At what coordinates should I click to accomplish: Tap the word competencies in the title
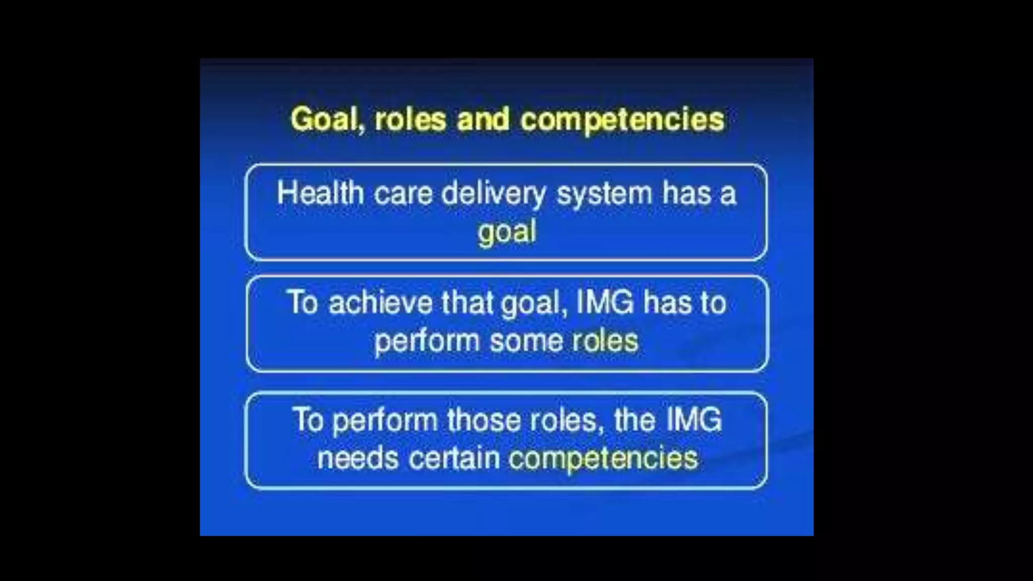tap(622, 120)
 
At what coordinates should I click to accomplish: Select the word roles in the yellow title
tap(410, 120)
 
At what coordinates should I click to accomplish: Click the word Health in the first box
tap(320, 194)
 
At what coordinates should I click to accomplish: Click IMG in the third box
tap(694, 420)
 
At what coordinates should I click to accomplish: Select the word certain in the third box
tap(454, 458)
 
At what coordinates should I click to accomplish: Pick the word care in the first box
tap(403, 194)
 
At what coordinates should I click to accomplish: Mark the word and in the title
tap(483, 120)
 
